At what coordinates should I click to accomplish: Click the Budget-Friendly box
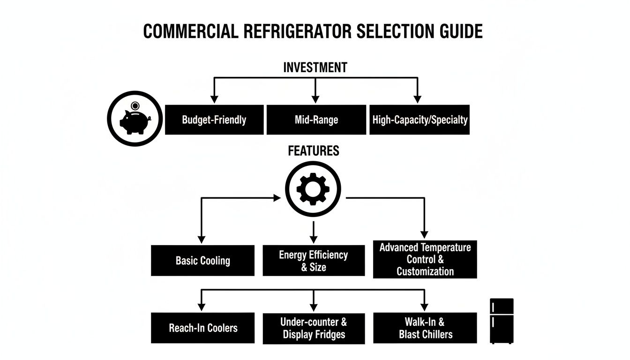(x=214, y=120)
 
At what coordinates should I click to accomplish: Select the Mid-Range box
(x=316, y=120)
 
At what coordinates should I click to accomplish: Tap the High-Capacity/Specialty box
(x=420, y=120)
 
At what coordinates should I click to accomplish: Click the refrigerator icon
(x=502, y=321)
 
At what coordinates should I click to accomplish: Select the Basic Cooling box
(x=202, y=261)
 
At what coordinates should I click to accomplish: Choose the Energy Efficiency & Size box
(x=314, y=261)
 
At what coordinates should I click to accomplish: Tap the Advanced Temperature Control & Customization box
(x=425, y=259)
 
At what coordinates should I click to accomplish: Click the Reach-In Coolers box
(x=202, y=328)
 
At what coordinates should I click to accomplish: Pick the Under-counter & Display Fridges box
(x=314, y=328)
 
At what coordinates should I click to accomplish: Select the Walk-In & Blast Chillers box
(x=425, y=328)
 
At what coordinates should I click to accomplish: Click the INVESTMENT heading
(x=315, y=67)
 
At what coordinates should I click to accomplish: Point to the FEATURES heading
(x=314, y=151)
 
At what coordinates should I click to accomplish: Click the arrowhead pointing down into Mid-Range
(x=315, y=99)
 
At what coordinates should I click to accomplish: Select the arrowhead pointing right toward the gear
(x=277, y=198)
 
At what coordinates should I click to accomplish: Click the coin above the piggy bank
(x=135, y=105)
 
